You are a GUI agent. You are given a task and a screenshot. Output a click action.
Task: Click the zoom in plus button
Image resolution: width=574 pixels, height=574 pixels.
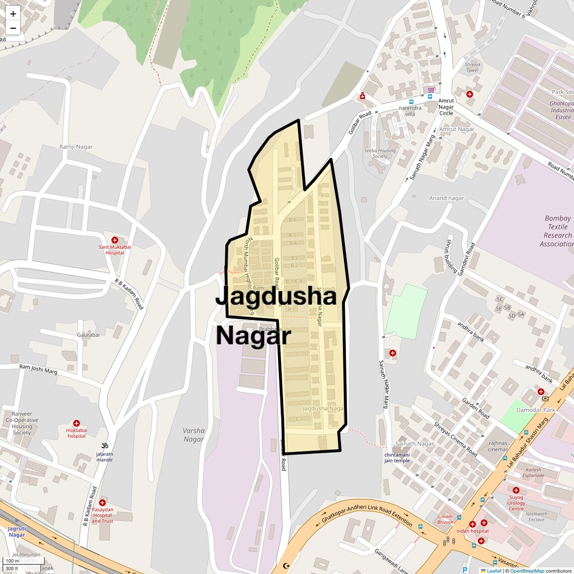13,14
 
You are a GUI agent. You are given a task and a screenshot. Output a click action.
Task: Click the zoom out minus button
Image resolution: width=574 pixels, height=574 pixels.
13,28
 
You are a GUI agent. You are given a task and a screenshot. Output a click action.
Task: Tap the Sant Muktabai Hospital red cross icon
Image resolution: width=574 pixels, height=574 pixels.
115,240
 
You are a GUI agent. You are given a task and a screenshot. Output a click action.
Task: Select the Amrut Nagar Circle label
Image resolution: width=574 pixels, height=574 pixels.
446,107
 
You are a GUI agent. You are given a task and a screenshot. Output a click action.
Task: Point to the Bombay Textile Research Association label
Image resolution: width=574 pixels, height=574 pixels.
557,231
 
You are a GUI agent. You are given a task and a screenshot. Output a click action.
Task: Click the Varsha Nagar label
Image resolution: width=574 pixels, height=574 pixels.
194,435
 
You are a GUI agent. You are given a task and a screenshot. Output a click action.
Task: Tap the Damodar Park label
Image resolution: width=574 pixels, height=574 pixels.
536,410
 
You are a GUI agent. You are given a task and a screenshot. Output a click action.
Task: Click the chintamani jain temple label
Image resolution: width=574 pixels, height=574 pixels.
397,457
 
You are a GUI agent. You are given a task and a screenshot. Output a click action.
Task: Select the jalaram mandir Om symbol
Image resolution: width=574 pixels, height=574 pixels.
105,446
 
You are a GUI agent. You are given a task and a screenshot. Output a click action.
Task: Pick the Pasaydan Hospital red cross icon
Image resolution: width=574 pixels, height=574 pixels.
102,503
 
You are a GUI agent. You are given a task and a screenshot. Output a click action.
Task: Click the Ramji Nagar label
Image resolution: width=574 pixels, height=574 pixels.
76,147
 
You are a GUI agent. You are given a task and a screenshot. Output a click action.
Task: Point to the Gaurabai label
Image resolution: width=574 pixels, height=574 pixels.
88,335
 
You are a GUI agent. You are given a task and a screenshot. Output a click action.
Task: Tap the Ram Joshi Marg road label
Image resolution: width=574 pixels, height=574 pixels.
38,369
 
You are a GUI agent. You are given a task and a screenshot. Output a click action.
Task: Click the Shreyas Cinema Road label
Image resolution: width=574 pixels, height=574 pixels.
456,439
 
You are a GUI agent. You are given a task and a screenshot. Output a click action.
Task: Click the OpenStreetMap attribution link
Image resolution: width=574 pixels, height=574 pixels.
527,570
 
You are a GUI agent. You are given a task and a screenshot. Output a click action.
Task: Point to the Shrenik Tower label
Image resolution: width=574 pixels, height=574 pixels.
472,67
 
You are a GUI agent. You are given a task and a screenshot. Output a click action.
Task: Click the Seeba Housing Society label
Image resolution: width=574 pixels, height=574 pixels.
380,153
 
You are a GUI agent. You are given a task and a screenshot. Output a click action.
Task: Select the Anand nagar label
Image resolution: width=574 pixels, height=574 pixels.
446,198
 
